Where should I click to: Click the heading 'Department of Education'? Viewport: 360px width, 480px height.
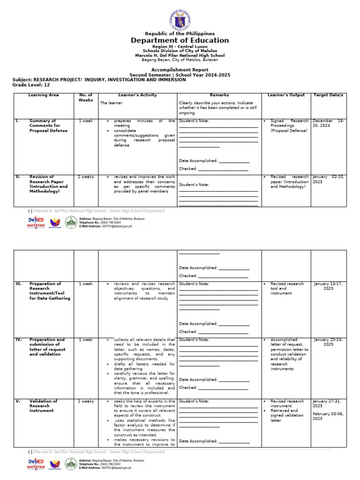click(x=180, y=40)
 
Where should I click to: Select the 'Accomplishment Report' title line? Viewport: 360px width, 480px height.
click(x=180, y=69)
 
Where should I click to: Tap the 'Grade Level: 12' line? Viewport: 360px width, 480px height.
click(x=31, y=85)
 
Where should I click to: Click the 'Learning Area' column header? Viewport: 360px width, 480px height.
click(x=44, y=95)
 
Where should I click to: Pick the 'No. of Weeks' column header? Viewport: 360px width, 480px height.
click(x=86, y=97)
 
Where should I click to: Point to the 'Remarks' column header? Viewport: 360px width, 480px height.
click(x=219, y=95)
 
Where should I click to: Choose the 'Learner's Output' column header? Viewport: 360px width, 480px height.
click(x=286, y=95)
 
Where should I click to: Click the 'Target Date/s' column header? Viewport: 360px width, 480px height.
click(x=328, y=95)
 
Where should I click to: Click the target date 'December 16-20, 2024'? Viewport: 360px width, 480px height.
click(x=328, y=123)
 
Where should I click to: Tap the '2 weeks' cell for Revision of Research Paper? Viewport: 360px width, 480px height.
click(x=86, y=177)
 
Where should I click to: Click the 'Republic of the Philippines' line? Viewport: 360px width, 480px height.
click(x=180, y=34)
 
